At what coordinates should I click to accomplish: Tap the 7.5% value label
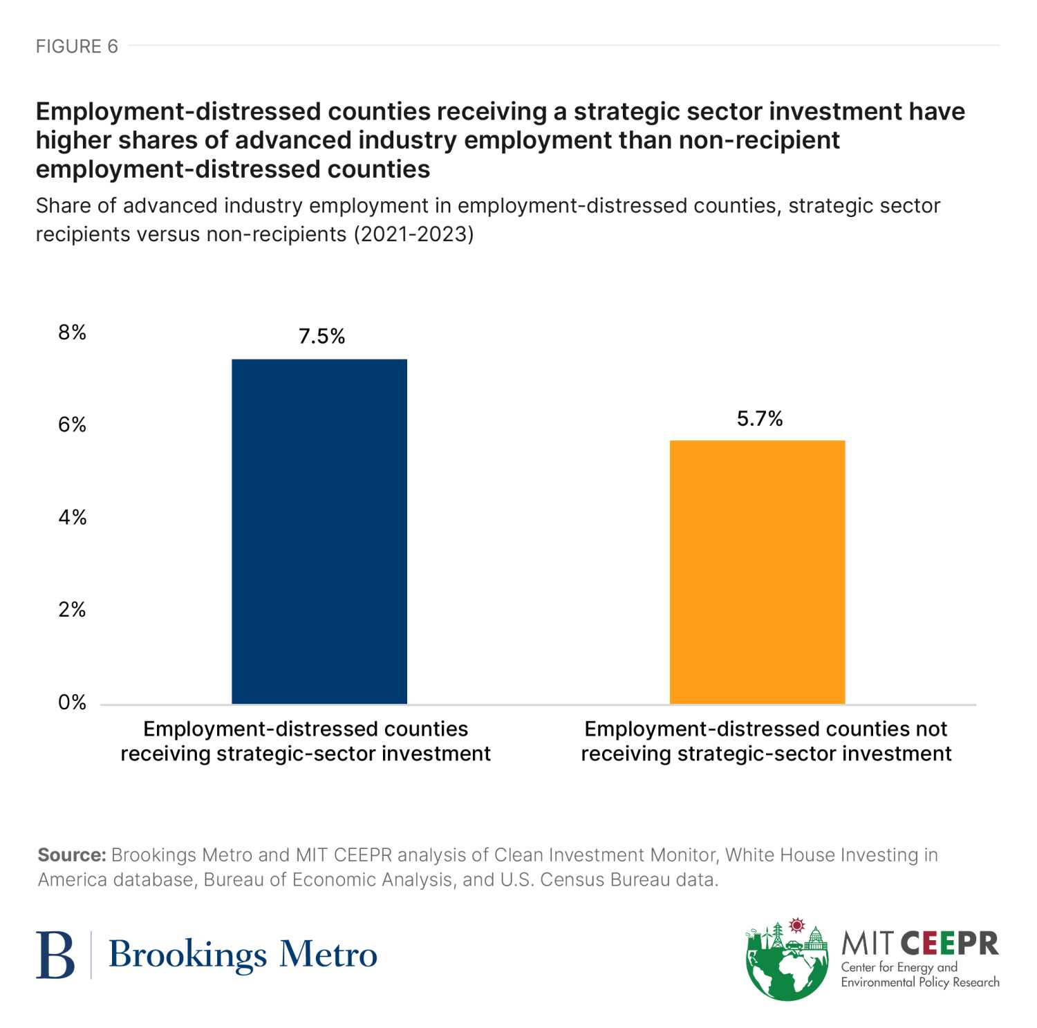321,337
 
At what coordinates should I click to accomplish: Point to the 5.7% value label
759,419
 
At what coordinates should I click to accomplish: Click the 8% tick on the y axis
73,333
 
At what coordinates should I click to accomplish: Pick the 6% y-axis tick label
73,425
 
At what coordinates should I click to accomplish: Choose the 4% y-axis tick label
73,518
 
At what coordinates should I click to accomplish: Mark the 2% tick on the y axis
73,610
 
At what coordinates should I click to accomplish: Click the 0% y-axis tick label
73,702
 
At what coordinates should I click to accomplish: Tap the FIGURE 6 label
77,46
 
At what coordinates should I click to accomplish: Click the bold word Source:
71,855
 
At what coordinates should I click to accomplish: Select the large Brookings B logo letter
55,955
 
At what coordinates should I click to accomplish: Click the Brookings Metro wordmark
243,955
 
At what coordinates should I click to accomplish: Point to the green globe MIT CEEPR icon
787,962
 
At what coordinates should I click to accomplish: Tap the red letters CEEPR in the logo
950,944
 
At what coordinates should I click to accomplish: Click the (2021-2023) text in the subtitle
413,234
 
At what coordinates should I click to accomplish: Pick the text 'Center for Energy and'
899,967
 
